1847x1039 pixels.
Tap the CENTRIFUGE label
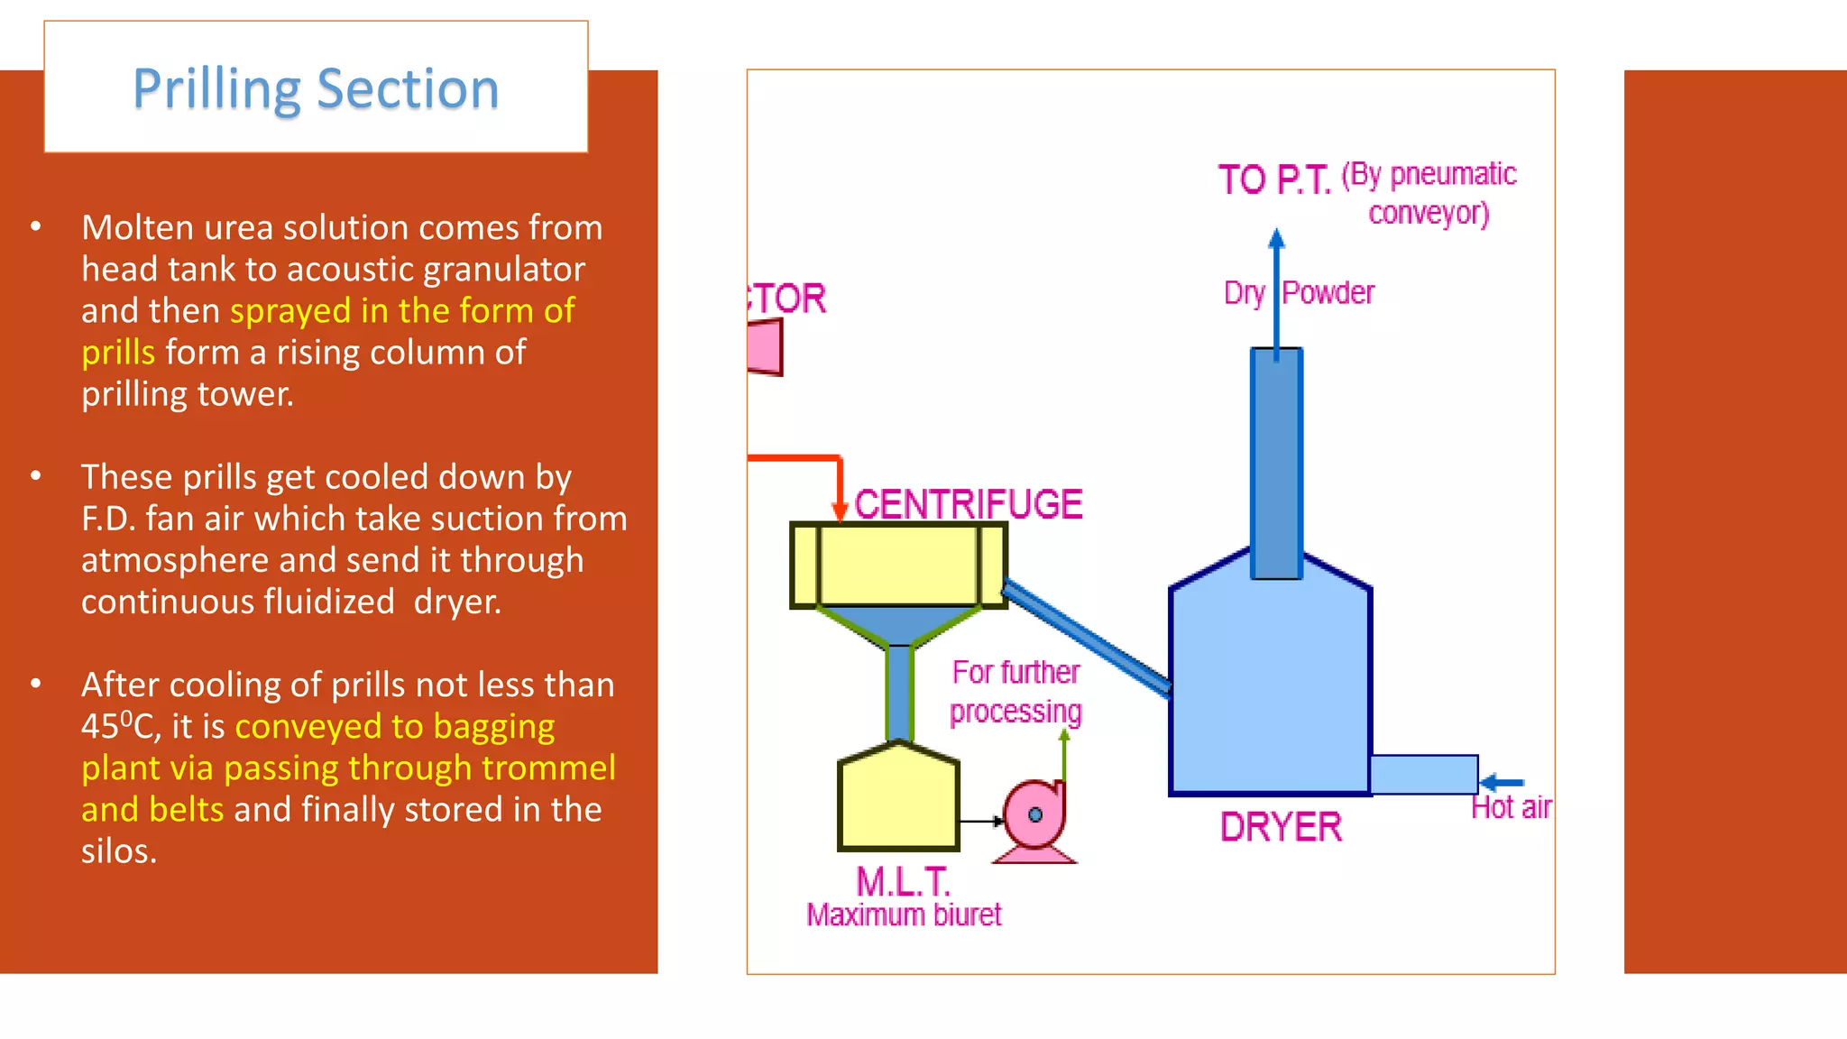[x=968, y=504]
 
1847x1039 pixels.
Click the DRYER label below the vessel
[x=1280, y=827]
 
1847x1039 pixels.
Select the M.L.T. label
[x=903, y=880]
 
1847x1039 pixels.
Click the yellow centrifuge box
[x=898, y=565]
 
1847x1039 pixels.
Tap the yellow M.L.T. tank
[x=898, y=801]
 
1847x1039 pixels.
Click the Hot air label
[x=1511, y=807]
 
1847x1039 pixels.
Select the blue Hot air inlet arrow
[x=1502, y=782]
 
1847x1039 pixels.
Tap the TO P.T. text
[x=1273, y=179]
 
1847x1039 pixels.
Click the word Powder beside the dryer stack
[x=1328, y=293]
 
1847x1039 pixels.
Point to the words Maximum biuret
[x=904, y=915]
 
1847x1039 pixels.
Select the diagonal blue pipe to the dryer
[x=1088, y=637]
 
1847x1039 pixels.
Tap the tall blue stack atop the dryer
[x=1276, y=463]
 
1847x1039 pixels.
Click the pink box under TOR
[x=765, y=348]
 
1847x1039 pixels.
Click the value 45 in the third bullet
[x=100, y=727]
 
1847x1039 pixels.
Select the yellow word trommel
[x=548, y=768]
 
